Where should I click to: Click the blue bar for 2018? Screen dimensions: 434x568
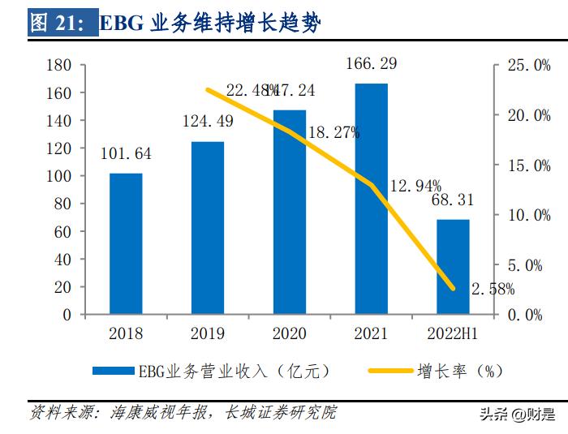coord(126,243)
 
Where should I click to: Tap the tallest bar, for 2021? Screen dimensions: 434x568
coord(371,199)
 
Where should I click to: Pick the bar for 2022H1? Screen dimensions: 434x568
coord(453,266)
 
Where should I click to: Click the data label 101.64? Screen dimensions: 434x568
coord(126,153)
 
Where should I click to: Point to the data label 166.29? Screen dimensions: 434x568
coord(371,62)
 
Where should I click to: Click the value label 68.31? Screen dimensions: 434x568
coord(453,200)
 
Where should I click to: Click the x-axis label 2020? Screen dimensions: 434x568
coord(289,333)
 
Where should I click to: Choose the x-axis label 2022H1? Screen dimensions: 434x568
coord(453,333)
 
